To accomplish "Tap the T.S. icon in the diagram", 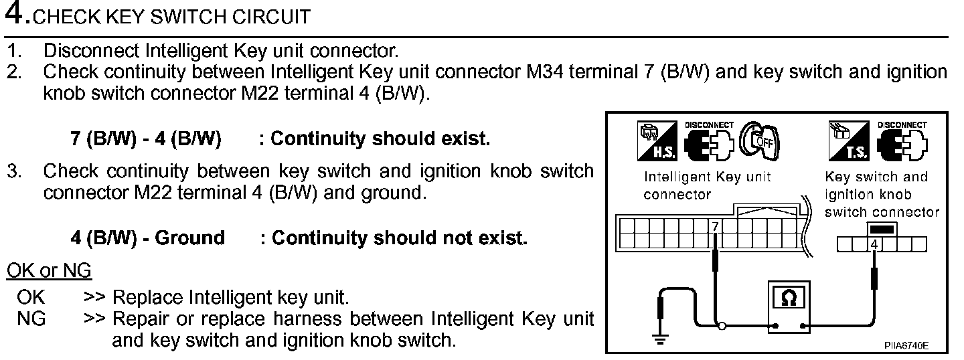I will coord(848,142).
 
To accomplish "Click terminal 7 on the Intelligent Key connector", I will coord(715,228).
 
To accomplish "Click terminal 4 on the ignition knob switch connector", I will coord(874,245).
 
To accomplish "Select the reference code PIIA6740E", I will coord(906,345).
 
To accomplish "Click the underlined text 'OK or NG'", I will coord(49,271).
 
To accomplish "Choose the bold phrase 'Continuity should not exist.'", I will coord(400,238).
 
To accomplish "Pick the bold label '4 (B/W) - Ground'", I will coord(147,238).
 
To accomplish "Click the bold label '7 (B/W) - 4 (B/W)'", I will coord(145,139).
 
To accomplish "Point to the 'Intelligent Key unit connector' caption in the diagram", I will coord(707,185).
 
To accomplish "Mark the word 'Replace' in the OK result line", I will coord(148,296).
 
